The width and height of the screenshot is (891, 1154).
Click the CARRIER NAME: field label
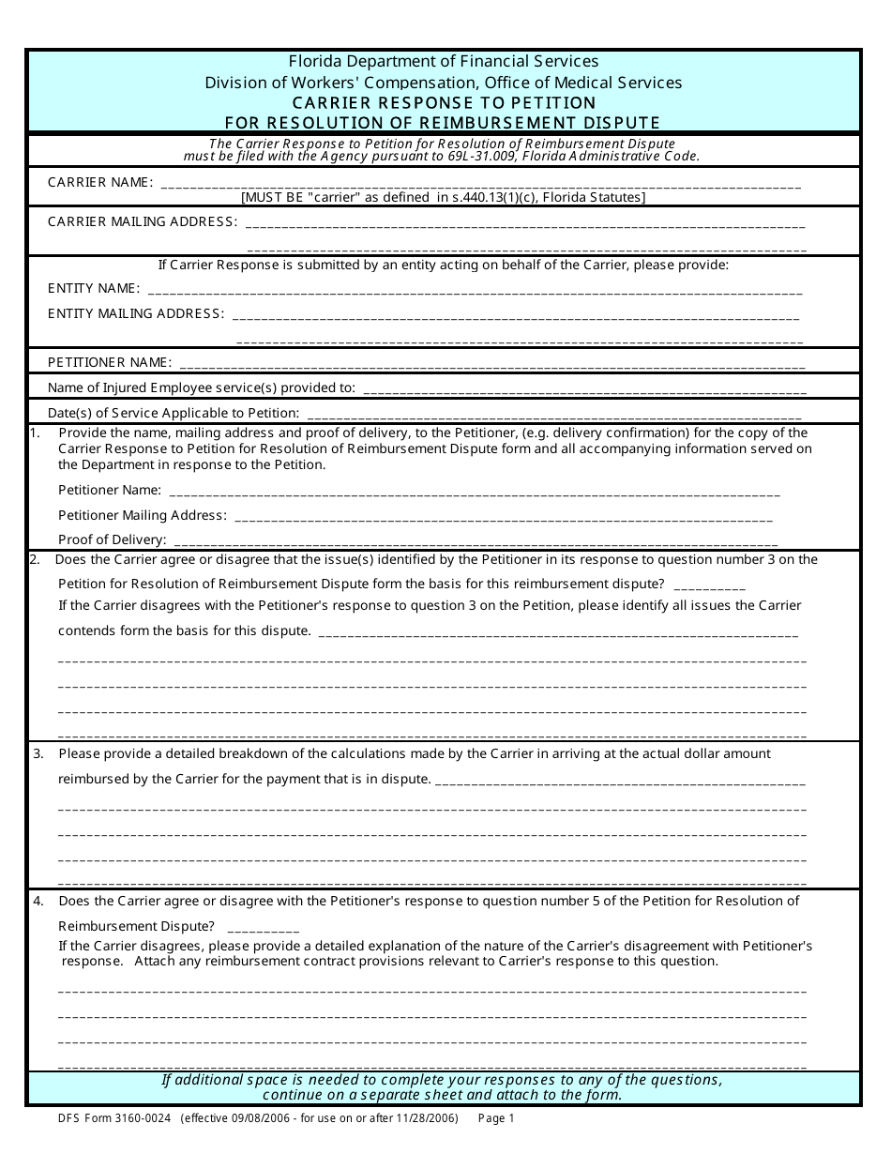point(99,182)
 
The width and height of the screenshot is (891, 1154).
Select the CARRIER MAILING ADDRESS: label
point(142,221)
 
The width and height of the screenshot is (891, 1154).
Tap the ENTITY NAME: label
point(94,288)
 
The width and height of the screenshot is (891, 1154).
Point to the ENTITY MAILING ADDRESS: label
point(136,313)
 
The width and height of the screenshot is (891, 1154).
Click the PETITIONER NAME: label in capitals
point(110,362)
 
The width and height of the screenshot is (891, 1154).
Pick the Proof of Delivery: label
point(113,539)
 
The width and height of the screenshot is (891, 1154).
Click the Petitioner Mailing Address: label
point(143,515)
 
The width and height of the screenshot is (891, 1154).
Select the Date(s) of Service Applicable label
point(174,413)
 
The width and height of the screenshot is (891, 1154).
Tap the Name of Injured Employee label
point(202,387)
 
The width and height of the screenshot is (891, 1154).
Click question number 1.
point(36,433)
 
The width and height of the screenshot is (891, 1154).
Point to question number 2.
point(36,559)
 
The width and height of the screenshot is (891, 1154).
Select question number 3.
point(38,753)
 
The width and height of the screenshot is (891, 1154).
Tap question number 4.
point(38,901)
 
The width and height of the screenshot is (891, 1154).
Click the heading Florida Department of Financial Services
point(444,62)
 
